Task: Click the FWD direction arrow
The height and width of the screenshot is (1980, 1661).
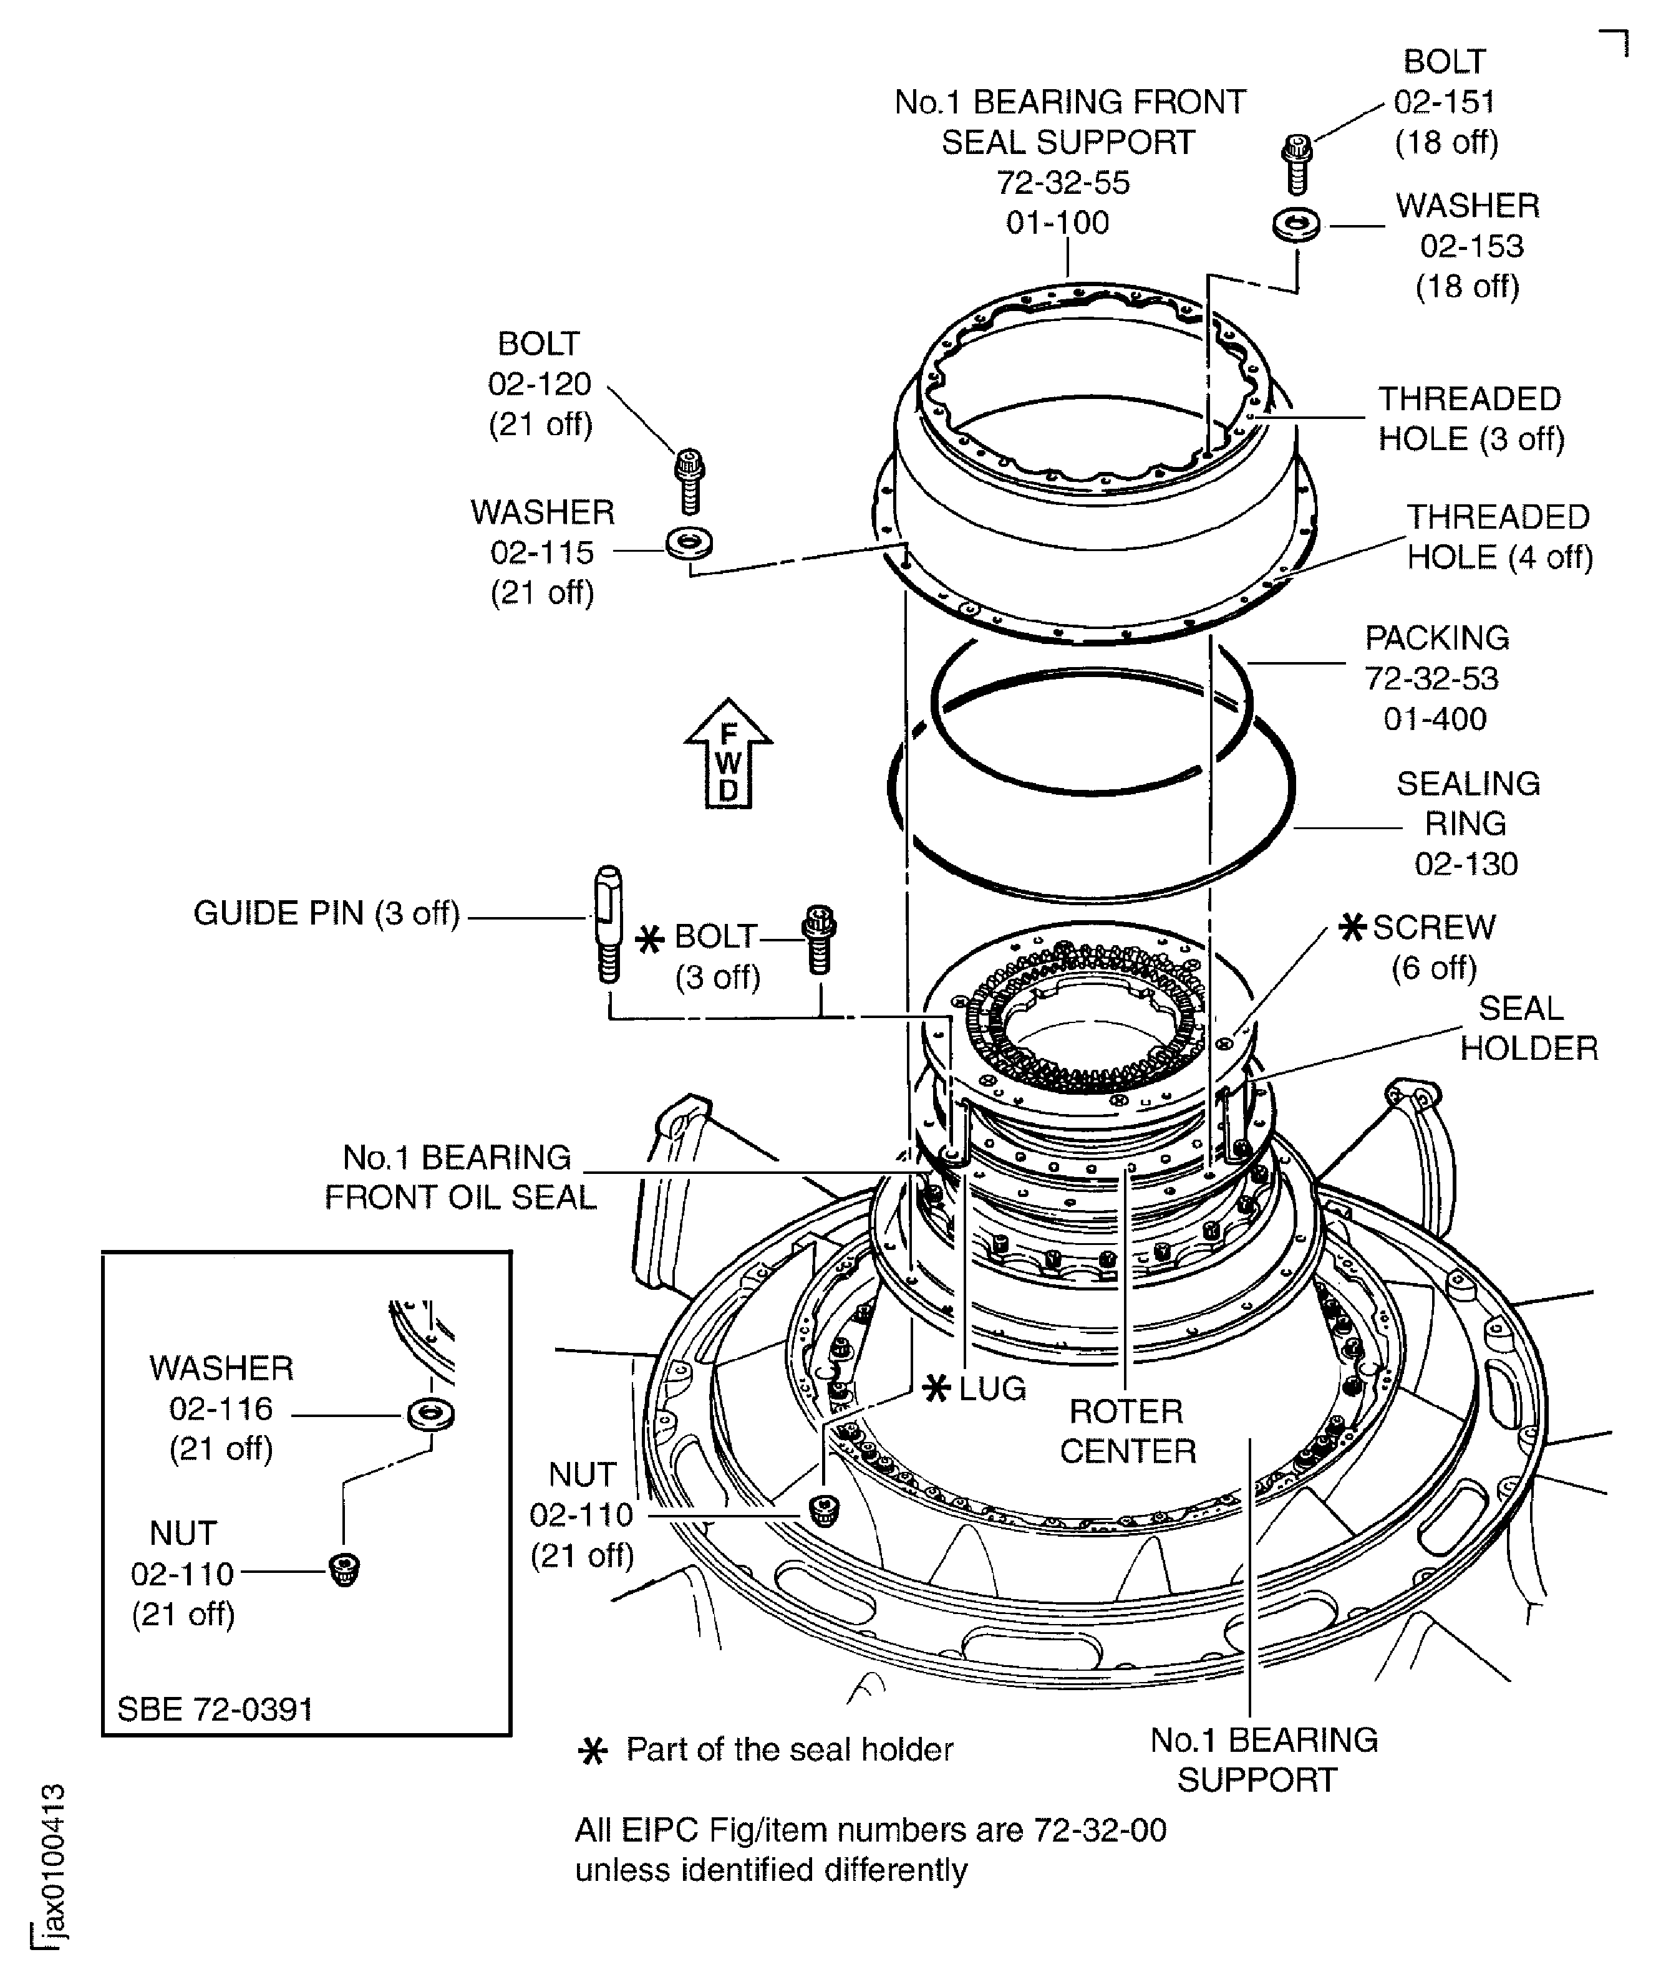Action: (x=728, y=755)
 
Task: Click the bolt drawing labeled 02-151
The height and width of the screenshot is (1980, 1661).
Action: (x=1297, y=164)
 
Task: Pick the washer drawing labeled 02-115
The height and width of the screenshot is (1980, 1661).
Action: (x=689, y=543)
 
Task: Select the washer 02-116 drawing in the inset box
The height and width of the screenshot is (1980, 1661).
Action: (x=430, y=1415)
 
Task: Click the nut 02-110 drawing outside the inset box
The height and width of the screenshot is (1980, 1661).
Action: (x=825, y=1511)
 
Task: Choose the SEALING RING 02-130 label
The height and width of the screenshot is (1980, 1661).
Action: (x=1466, y=823)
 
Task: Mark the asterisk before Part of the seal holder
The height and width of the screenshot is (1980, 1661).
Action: (x=593, y=1751)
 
